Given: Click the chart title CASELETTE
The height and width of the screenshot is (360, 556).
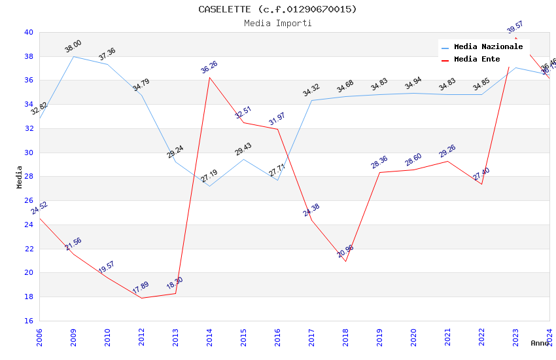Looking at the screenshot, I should (x=278, y=9).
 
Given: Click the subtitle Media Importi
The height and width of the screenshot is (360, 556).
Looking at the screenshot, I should (x=278, y=24).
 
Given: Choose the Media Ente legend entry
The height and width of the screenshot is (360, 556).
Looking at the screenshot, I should (x=477, y=60).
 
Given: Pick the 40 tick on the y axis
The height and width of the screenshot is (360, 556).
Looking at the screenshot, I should (x=28, y=32).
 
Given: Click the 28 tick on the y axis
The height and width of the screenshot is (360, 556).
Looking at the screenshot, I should (x=28, y=177).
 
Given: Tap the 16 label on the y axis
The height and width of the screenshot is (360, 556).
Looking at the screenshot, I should (x=28, y=321).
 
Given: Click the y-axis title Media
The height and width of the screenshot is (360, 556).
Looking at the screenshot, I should (x=20, y=177).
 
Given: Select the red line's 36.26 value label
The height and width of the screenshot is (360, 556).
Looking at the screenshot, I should (x=209, y=67).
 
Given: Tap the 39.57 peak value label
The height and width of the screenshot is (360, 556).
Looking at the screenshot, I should (x=515, y=27).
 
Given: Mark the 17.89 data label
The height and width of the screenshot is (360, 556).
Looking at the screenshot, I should (x=141, y=288).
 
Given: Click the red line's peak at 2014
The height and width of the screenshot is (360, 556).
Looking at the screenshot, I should (x=209, y=77).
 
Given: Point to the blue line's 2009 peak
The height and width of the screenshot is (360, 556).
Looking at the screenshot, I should (x=73, y=56).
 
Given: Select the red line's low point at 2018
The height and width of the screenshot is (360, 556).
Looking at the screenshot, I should (x=345, y=262).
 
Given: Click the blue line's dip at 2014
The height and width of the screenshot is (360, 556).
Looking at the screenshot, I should (x=209, y=186).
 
